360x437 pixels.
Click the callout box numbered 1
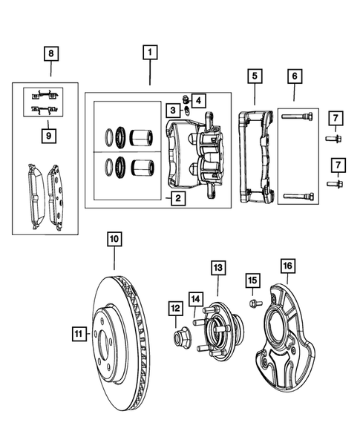(x=150, y=53)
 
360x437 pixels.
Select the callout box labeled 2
(x=176, y=198)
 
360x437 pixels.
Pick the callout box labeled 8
(x=50, y=53)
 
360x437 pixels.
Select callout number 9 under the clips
(x=50, y=136)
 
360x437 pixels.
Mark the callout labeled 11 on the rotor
(x=79, y=334)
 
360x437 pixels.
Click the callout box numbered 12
(x=175, y=309)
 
